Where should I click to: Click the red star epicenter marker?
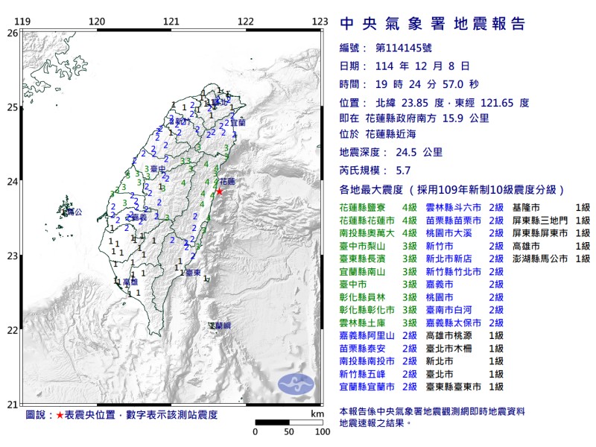(x=219, y=191)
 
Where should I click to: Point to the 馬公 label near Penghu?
(x=73, y=212)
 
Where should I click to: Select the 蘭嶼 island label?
(x=220, y=326)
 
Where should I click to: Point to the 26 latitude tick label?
(x=12, y=34)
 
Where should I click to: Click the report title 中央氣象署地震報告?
(x=433, y=24)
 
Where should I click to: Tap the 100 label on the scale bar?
(x=322, y=431)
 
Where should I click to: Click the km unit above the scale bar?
(x=317, y=413)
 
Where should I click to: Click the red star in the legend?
(x=60, y=414)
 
